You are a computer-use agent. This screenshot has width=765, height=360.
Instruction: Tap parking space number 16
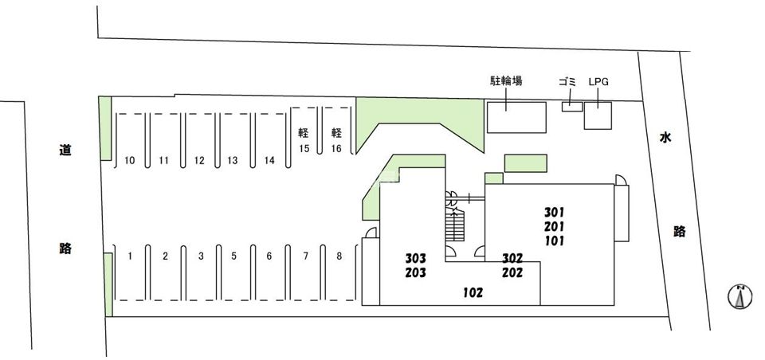coord(337,148)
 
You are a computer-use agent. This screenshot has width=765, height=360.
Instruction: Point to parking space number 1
coord(129,256)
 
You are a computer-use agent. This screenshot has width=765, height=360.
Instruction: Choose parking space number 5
coord(233,256)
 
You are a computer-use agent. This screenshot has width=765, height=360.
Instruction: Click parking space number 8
coord(339,256)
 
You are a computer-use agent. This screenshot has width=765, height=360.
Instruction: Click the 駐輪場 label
coord(506,81)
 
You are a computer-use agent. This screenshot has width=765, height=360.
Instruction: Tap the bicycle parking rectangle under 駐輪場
coord(516,117)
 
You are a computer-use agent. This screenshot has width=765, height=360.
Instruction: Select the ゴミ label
coord(567,81)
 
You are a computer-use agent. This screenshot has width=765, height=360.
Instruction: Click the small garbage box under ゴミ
coord(572,107)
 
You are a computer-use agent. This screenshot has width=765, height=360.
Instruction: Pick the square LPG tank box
coord(598,115)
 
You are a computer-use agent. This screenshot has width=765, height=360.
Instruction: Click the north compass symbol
coord(740,296)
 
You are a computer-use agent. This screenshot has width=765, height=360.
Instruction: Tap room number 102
coord(473,292)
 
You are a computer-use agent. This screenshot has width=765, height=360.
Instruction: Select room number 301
coord(555,212)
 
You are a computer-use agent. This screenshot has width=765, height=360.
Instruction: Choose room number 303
coord(416,258)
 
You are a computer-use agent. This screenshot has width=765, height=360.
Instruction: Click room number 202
coord(512,272)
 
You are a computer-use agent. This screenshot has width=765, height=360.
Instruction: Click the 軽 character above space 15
coord(304,133)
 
